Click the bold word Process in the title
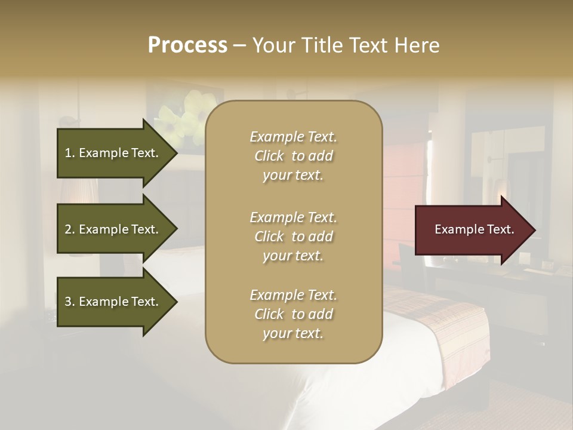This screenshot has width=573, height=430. point(187,45)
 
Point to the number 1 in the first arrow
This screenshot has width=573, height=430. point(68,153)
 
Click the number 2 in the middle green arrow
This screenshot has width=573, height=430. point(68,229)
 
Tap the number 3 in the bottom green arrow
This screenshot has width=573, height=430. point(68,302)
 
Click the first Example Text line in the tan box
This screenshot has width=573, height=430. point(293,137)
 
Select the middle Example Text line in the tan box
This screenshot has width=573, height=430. point(293,217)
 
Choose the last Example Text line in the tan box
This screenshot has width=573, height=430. point(293,295)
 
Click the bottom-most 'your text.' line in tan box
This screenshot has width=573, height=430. point(293,334)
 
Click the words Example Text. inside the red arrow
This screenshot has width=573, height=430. point(475,230)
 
